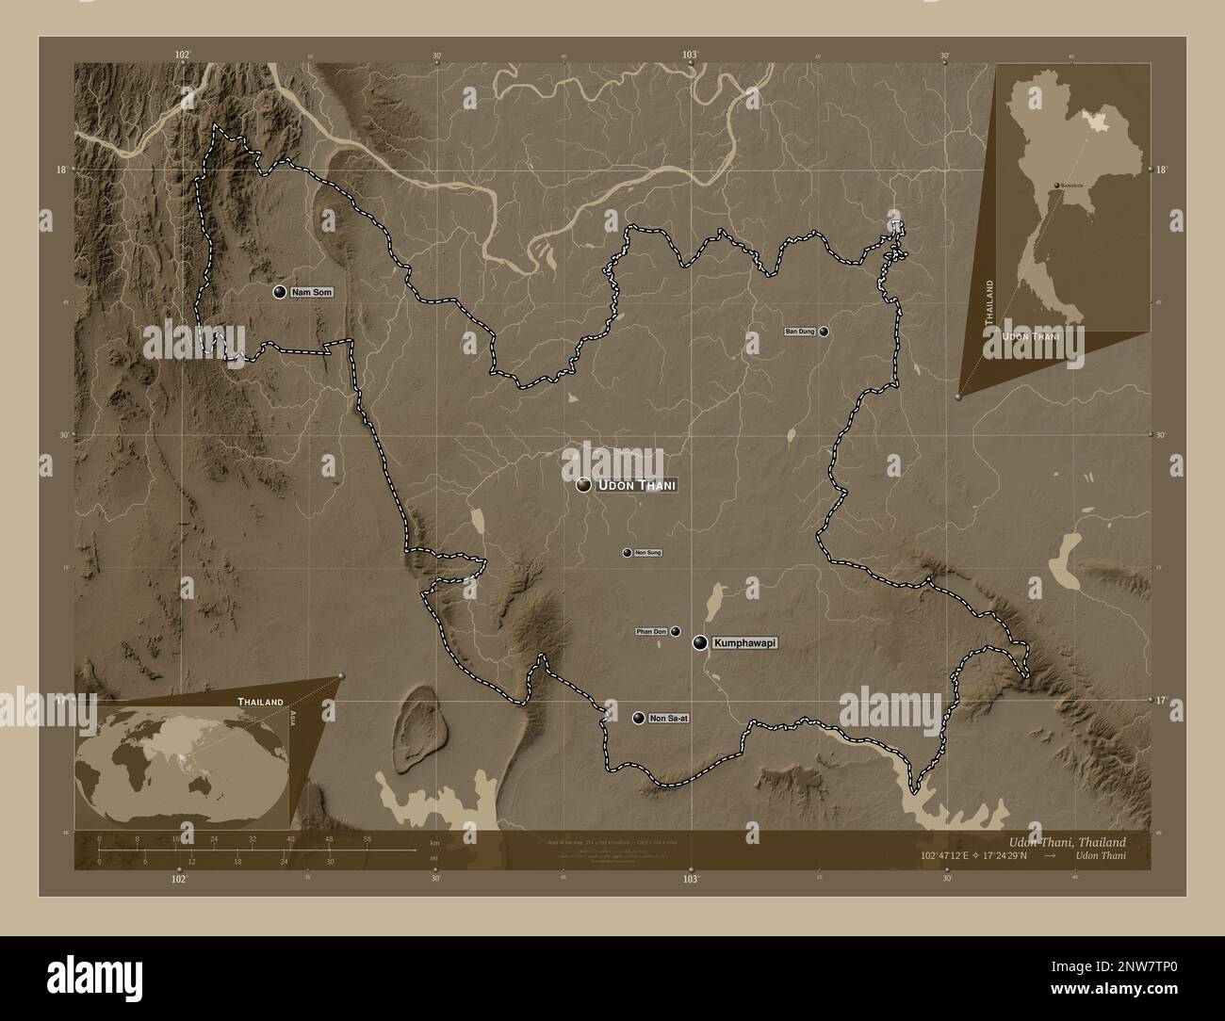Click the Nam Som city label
311,293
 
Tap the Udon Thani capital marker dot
584,485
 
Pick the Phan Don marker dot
676,631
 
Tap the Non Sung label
648,553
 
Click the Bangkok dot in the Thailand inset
1056,186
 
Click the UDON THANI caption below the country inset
1032,335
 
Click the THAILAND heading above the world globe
261,703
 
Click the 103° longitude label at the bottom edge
691,879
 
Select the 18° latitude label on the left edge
61,170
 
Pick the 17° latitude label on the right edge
1161,701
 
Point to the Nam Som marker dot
280,292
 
